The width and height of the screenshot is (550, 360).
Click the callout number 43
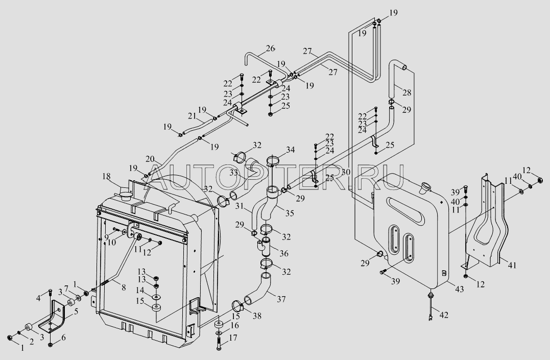pos(459,289)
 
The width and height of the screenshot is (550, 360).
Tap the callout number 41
pos(513,265)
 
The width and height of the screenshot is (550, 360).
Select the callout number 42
pos(444,315)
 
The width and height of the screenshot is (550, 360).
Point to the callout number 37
pos(281,299)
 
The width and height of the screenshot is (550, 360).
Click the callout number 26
pos(271,49)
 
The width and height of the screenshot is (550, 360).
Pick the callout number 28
pos(406,93)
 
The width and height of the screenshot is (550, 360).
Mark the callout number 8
pos(124,287)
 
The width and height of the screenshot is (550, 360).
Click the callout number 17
pos(233,338)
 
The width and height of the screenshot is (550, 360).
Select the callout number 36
pos(284,253)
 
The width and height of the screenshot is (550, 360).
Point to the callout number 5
pos(76,311)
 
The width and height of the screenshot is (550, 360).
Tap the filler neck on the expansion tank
pos(425,186)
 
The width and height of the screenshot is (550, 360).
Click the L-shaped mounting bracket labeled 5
pos(52,316)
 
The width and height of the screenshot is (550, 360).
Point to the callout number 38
pos(257,316)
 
